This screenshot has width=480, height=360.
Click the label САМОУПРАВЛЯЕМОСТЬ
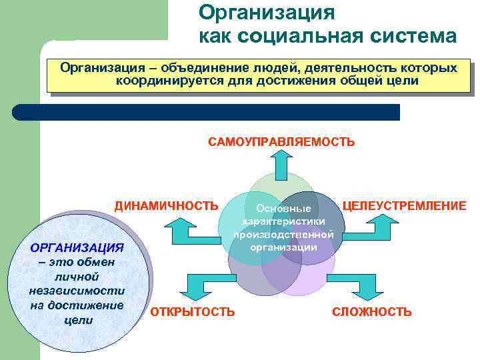[x=281, y=142]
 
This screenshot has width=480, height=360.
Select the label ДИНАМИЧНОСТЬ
[x=166, y=205]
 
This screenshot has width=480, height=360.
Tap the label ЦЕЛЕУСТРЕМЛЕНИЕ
[x=404, y=205]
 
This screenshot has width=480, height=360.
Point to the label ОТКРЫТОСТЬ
[x=193, y=311]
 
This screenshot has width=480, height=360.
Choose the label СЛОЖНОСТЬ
[x=371, y=311]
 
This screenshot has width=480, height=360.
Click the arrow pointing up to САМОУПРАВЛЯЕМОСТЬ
[x=280, y=162]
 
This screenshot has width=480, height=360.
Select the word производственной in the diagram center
[x=283, y=234]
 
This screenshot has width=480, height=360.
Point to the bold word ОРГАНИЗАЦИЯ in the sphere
[x=77, y=247]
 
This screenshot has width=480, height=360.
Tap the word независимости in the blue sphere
[x=77, y=291]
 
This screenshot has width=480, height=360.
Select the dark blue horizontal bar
[x=206, y=112]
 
